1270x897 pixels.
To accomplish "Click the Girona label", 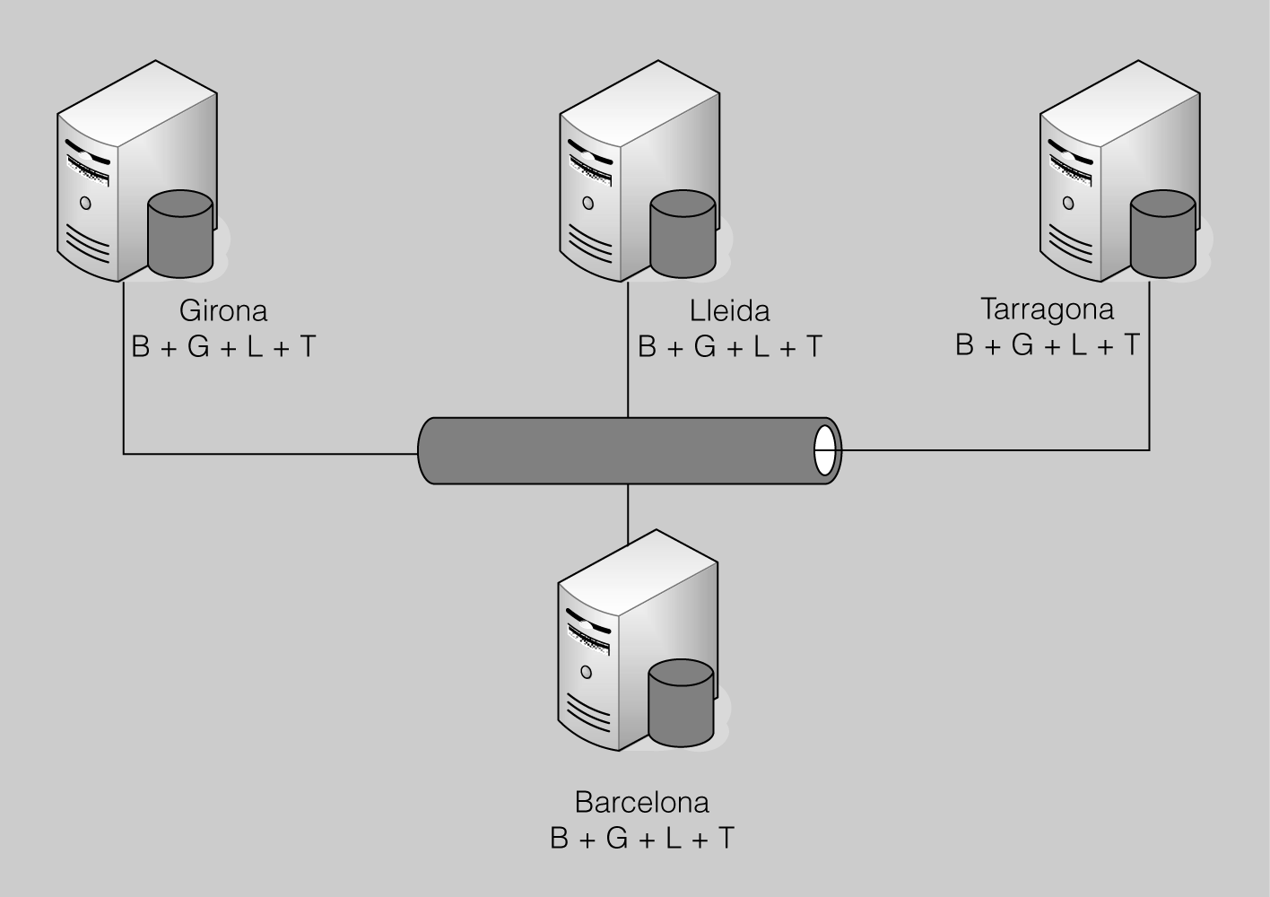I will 223,311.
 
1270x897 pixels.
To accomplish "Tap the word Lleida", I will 729,311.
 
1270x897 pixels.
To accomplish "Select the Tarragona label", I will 1047,309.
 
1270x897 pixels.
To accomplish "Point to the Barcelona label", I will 641,801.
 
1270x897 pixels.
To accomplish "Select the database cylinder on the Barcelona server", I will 681,704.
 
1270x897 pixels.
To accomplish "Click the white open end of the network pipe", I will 825,450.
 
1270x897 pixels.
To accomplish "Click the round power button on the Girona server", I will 86,203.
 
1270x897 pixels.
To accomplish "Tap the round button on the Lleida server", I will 588,203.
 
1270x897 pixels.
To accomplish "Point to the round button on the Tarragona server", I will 1068,203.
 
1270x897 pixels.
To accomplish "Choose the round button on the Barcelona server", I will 587,672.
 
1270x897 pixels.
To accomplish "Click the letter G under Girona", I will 197,347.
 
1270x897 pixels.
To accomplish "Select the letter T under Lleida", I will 813,347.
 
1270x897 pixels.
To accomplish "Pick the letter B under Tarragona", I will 965,345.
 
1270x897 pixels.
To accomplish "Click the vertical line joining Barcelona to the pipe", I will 628,513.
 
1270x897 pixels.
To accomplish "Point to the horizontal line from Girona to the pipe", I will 269,454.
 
